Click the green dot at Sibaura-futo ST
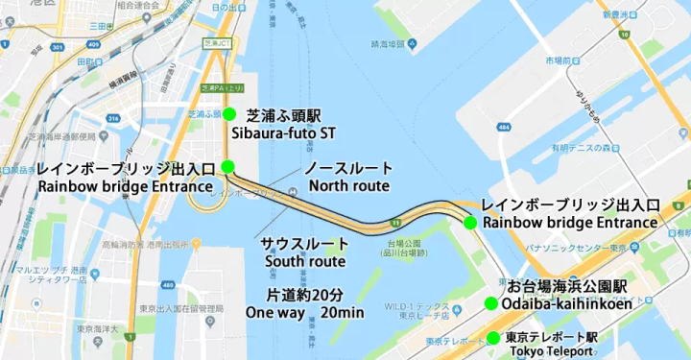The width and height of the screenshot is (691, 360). click(229, 114)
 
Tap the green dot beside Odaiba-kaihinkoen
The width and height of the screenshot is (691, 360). click(490, 304)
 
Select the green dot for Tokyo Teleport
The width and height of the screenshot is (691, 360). click(492, 338)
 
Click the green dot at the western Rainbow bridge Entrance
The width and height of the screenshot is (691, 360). click(227, 166)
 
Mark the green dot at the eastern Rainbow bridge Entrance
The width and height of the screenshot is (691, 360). click(470, 223)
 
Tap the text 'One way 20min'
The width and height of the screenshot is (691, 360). click(304, 313)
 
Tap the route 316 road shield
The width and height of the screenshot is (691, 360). click(113, 119)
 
